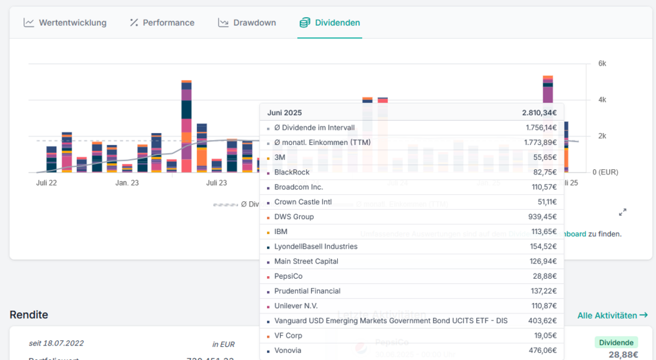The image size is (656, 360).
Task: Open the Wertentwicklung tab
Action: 66,23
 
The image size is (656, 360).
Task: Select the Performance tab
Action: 162,23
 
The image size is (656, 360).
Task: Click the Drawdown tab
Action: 247,23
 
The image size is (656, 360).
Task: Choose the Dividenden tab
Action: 330,23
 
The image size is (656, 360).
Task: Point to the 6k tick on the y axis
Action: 602,64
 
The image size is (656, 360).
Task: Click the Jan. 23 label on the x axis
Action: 127,183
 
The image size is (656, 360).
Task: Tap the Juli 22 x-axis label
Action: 46,183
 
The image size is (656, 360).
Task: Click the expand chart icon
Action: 623,212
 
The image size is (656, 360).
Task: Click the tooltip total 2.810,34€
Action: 539,113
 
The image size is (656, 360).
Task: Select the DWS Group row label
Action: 294,217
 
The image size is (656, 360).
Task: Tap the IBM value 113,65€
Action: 542,231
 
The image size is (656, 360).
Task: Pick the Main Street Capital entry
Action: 306,261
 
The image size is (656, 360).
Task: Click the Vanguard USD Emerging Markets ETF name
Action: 390,321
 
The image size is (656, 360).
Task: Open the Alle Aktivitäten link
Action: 612,315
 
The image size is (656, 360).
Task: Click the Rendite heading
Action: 29,315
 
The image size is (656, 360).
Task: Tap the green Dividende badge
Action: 616,342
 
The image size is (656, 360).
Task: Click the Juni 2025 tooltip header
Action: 285,113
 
